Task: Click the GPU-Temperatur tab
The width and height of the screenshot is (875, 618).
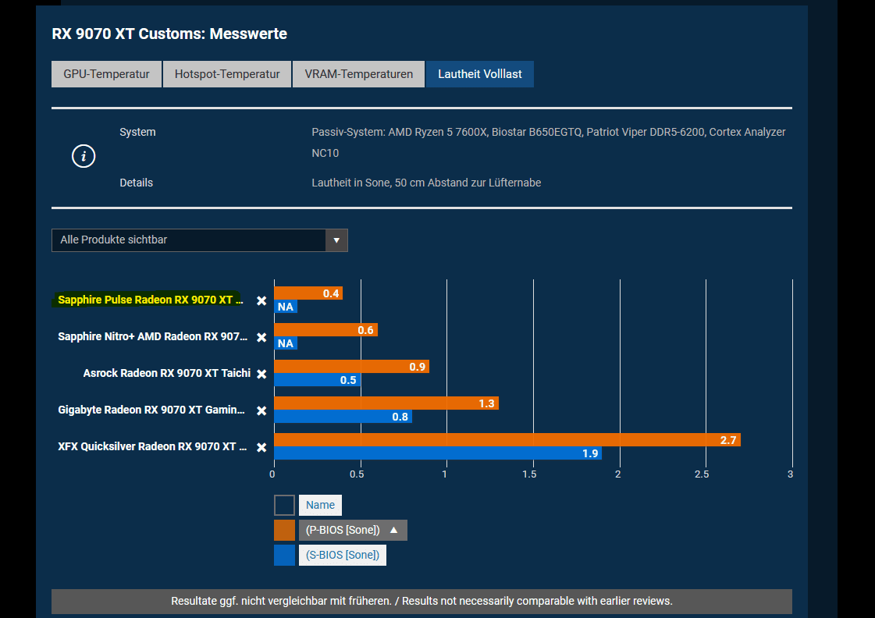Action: tap(106, 74)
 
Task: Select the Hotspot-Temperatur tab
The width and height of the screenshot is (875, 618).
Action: tap(226, 74)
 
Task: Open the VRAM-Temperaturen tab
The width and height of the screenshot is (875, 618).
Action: tap(358, 74)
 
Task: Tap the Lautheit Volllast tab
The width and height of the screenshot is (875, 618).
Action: tap(479, 74)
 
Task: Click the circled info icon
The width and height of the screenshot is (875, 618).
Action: tap(84, 156)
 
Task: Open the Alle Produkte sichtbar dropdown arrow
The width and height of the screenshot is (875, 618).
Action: tap(336, 240)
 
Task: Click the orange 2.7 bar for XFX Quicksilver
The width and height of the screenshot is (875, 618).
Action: tap(507, 440)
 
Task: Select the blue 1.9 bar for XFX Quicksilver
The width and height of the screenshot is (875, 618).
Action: tap(437, 453)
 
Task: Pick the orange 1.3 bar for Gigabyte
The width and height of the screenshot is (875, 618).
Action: tap(386, 403)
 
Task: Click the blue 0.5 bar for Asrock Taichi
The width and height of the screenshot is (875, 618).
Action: tap(317, 380)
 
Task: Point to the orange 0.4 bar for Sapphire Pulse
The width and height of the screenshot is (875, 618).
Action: tap(308, 293)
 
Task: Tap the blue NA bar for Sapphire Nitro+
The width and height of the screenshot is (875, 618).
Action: tap(285, 343)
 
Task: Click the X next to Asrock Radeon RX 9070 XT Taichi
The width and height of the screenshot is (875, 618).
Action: tap(261, 375)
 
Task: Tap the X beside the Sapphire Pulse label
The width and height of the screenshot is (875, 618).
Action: tap(261, 300)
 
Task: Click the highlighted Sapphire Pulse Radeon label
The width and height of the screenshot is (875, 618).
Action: tap(145, 300)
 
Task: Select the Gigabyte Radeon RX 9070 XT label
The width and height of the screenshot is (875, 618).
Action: tap(151, 410)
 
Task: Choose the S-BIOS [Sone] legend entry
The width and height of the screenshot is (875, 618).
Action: tap(342, 556)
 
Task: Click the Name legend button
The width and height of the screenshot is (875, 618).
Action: tap(320, 505)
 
